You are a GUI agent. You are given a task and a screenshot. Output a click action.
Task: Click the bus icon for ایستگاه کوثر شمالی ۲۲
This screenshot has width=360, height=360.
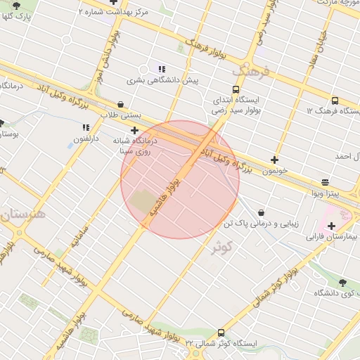(x=221, y=333)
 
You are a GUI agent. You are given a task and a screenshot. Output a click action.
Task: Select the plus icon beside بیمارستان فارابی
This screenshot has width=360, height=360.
(x=331, y=226)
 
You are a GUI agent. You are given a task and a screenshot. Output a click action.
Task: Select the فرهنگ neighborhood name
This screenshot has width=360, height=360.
(x=250, y=71)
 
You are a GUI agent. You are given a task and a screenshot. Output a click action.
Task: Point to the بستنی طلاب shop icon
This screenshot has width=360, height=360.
(x=121, y=104)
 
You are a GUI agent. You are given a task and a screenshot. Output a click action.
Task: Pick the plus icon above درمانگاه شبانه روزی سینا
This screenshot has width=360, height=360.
(x=134, y=130)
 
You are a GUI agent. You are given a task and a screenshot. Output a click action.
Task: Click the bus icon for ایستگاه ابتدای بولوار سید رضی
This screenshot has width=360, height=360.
(x=235, y=89)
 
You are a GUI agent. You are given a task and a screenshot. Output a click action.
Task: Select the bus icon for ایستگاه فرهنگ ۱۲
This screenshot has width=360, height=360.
(x=333, y=101)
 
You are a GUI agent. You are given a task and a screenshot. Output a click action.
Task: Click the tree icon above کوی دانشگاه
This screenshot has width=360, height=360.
(x=342, y=282)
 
